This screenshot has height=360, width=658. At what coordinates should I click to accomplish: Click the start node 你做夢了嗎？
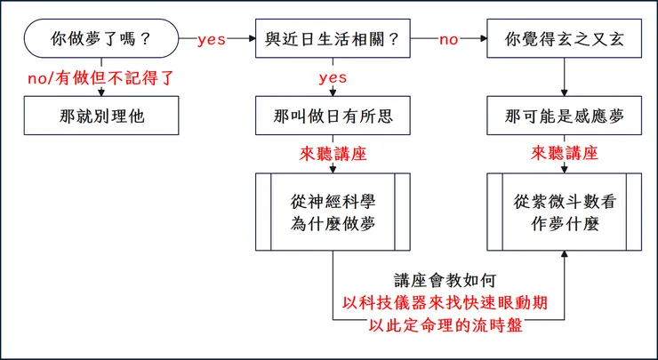99,39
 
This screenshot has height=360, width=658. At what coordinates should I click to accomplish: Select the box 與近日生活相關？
333,39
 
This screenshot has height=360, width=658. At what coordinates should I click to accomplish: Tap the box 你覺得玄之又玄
563,39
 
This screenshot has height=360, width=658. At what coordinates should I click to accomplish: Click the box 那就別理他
99,115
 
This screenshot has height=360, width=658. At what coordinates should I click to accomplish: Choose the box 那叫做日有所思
333,115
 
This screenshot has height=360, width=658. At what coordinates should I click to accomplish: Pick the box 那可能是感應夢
563,115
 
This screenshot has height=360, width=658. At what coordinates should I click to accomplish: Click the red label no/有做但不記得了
99,78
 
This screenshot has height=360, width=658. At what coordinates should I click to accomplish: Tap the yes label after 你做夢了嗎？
212,40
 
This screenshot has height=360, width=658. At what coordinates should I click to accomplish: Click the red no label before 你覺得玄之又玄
449,40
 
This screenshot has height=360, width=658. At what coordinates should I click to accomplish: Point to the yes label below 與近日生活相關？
333,78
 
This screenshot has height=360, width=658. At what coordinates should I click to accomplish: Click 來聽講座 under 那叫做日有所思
333,153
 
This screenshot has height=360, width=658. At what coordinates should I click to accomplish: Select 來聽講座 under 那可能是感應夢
563,153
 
